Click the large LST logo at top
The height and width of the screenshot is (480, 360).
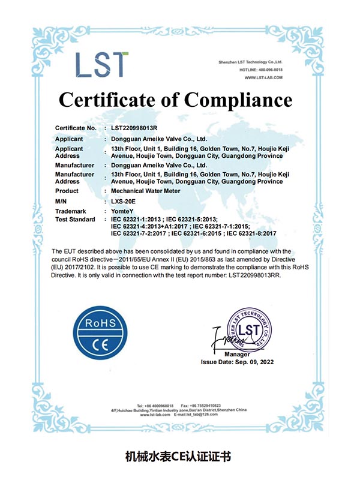click(102, 64)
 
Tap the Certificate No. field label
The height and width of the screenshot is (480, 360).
click(76, 128)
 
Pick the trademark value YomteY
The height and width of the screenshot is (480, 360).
click(124, 211)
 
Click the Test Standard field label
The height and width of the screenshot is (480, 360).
click(75, 219)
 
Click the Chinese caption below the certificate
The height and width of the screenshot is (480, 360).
click(180, 456)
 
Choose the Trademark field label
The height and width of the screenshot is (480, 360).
click(70, 211)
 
